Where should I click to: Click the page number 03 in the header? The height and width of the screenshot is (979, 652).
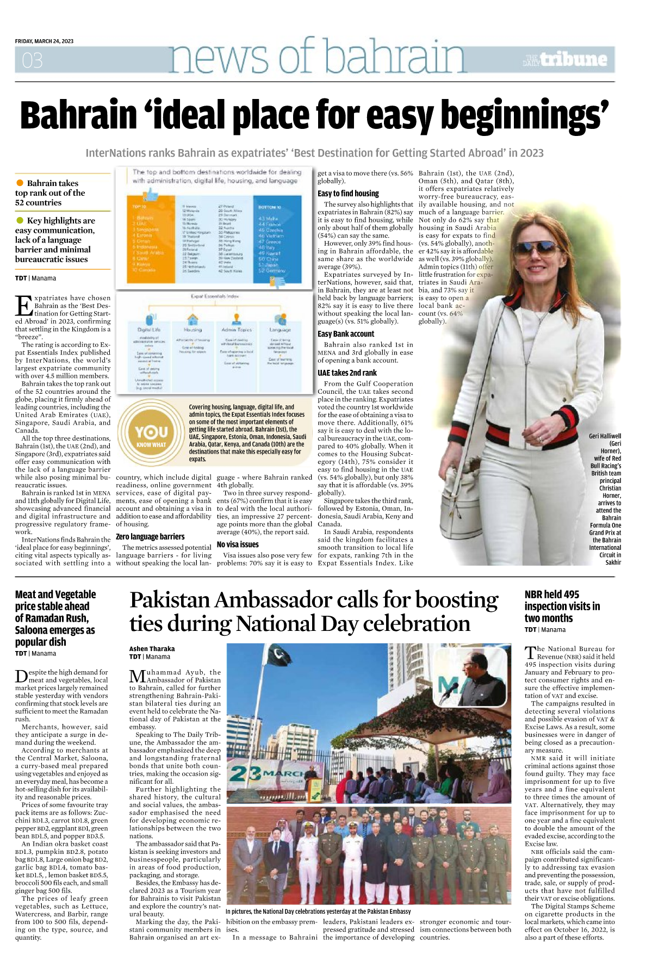pos(32,60)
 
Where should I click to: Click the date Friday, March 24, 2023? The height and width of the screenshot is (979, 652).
pos(44,41)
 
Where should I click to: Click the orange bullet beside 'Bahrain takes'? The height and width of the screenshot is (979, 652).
pos(20,183)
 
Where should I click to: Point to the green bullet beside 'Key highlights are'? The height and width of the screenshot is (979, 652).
pos(20,220)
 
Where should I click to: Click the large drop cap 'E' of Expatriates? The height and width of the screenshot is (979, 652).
pos(24,306)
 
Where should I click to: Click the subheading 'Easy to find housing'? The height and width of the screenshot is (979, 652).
pos(348,193)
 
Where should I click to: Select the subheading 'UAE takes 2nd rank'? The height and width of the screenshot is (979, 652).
pos(347,373)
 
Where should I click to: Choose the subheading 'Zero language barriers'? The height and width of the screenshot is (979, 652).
pos(150,536)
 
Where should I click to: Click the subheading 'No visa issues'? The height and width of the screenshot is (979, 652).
pos(238,544)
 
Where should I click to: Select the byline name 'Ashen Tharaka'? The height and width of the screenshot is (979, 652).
pos(152,648)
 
